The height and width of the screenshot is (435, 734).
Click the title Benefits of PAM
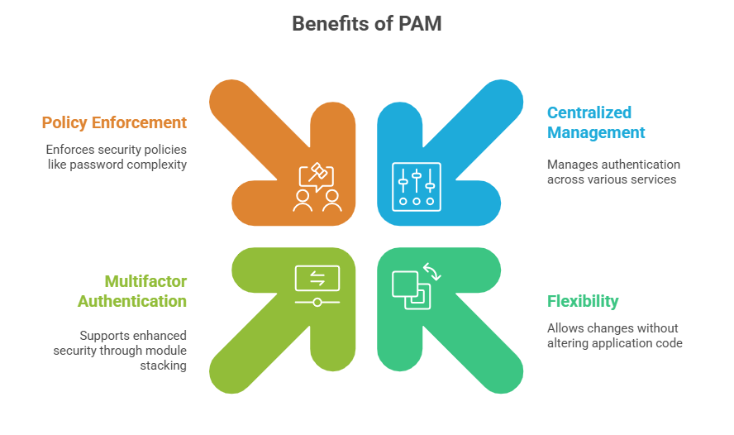[366, 24]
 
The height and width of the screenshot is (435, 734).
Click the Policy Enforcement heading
[114, 122]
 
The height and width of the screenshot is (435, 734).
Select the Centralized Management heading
[596, 122]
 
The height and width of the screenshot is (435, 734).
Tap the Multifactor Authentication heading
[132, 290]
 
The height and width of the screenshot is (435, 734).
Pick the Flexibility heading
[583, 301]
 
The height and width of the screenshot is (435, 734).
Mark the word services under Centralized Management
[652, 179]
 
